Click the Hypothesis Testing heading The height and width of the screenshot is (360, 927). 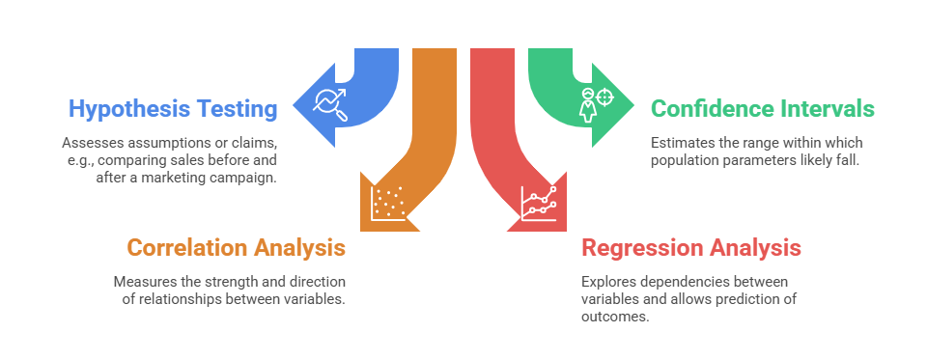click(x=173, y=109)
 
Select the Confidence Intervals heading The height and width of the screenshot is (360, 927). click(x=763, y=109)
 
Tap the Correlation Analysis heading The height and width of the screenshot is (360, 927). click(x=236, y=248)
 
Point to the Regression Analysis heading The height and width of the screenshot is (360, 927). click(x=691, y=248)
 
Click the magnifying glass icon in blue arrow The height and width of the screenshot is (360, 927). click(x=331, y=105)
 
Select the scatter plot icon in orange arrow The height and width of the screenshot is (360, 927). click(x=388, y=204)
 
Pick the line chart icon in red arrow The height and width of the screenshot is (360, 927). click(x=539, y=204)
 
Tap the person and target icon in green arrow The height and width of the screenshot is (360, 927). click(x=596, y=105)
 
